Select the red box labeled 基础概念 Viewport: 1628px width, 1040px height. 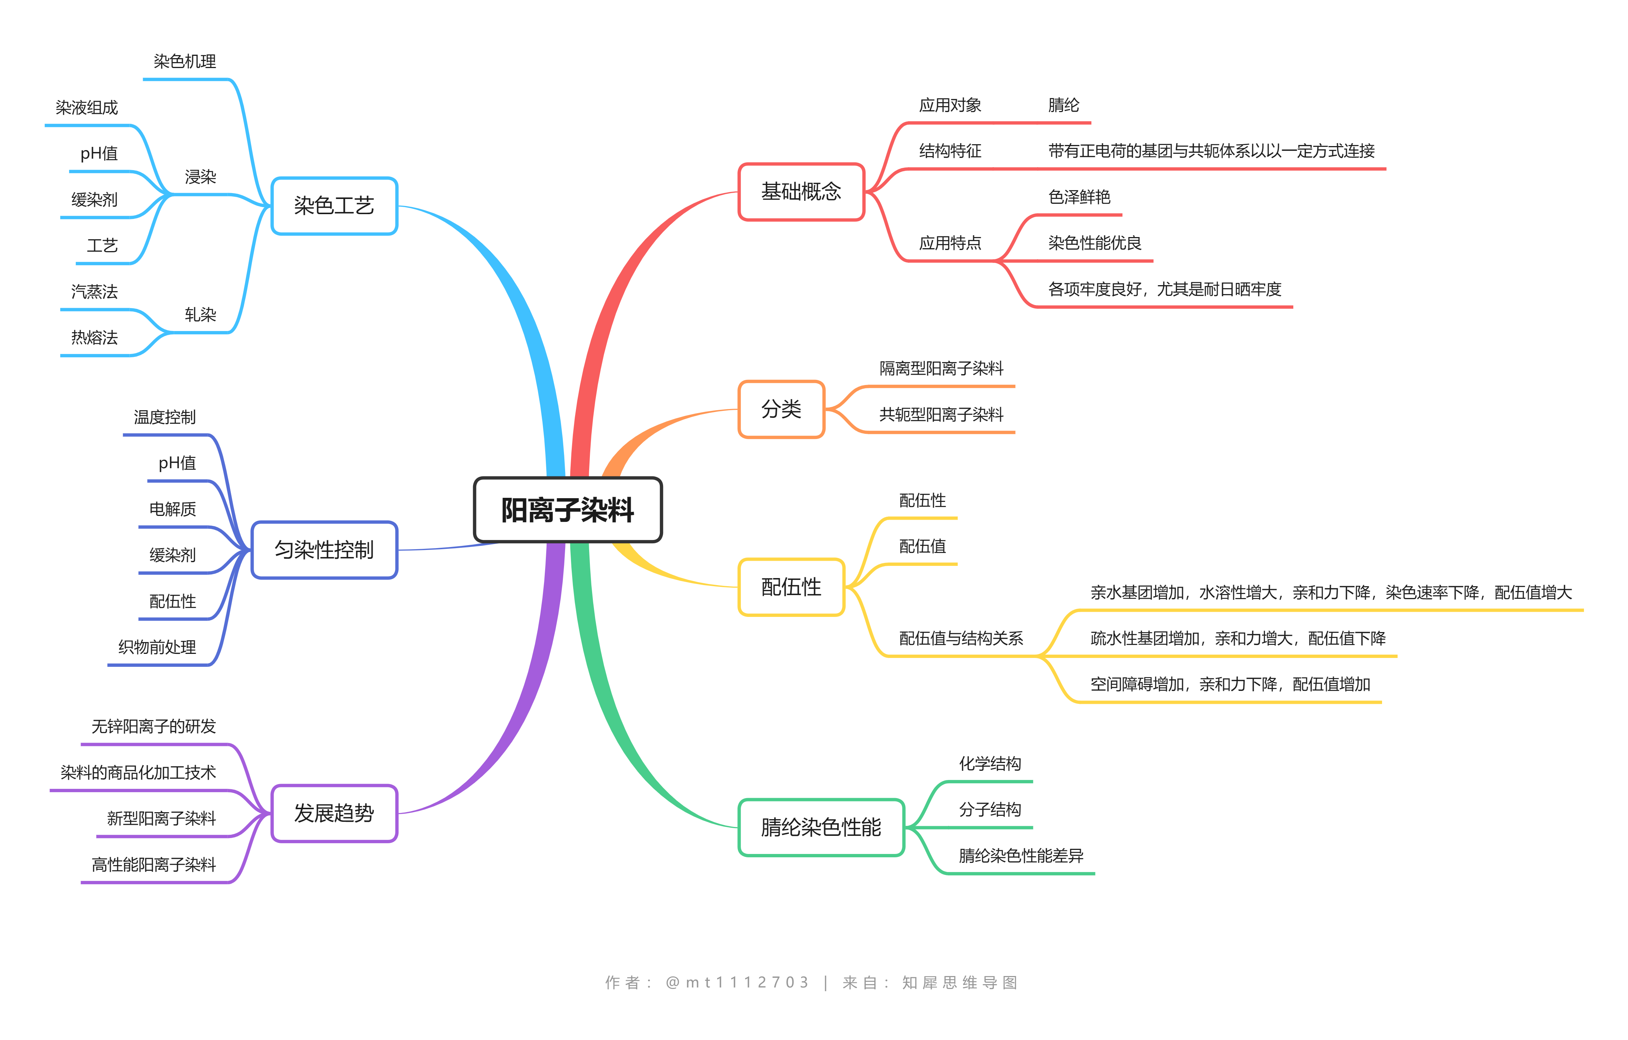point(801,192)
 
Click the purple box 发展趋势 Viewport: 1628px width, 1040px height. point(334,814)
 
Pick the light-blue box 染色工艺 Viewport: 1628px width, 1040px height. point(334,206)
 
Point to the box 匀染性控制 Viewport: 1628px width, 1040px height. point(324,550)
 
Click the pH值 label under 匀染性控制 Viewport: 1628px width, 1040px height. point(177,463)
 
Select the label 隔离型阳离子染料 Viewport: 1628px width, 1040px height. point(941,368)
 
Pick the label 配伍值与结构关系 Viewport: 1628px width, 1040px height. point(961,638)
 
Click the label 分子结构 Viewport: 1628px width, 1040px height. point(990,810)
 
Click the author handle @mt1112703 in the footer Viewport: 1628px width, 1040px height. point(737,983)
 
